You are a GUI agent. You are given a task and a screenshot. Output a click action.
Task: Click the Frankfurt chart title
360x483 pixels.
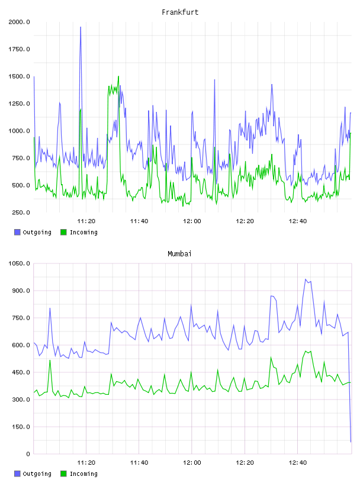pyautogui.click(x=180, y=12)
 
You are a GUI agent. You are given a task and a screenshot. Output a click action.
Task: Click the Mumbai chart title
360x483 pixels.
pyautogui.click(x=179, y=254)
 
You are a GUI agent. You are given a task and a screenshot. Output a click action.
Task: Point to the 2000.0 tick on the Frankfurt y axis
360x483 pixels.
pyautogui.click(x=19, y=22)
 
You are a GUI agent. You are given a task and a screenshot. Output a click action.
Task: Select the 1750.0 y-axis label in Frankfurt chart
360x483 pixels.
pyautogui.click(x=19, y=49)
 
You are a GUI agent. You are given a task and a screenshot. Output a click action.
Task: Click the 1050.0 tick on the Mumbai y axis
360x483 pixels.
pyautogui.click(x=19, y=263)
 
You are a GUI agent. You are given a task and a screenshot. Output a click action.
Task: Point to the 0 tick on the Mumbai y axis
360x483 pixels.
pyautogui.click(x=28, y=454)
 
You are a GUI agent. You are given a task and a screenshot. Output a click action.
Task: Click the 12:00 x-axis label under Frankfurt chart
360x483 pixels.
pyautogui.click(x=192, y=221)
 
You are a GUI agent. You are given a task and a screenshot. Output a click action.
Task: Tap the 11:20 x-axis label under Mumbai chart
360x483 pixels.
pyautogui.click(x=86, y=463)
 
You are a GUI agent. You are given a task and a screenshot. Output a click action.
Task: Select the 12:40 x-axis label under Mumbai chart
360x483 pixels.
pyautogui.click(x=297, y=463)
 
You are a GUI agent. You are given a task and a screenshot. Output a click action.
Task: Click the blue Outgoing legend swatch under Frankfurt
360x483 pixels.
pyautogui.click(x=17, y=232)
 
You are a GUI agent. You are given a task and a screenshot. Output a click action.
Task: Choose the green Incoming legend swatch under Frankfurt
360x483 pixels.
pyautogui.click(x=63, y=232)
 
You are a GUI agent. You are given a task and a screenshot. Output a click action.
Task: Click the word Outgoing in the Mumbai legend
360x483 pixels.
pyautogui.click(x=37, y=474)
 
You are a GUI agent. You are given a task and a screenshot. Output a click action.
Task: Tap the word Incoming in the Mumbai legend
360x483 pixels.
pyautogui.click(x=83, y=474)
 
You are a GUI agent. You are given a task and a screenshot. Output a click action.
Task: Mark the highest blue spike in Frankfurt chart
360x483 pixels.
pyautogui.click(x=81, y=27)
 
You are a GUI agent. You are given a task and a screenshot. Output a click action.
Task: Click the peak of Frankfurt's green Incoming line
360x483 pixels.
pyautogui.click(x=118, y=76)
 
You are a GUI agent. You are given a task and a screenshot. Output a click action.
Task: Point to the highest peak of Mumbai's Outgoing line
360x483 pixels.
pyautogui.click(x=306, y=279)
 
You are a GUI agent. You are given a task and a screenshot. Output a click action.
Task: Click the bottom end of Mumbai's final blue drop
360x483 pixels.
pyautogui.click(x=351, y=442)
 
